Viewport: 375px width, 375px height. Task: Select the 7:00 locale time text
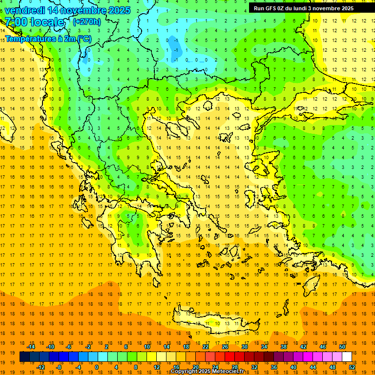click(34, 22)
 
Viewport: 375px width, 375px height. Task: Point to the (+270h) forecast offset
click(87, 21)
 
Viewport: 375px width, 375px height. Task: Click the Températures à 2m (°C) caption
click(48, 38)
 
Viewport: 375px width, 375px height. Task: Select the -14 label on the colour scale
click(31, 347)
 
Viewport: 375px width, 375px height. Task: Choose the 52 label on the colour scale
click(352, 367)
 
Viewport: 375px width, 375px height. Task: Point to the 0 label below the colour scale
click(96, 367)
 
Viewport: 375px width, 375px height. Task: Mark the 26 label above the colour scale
click(225, 347)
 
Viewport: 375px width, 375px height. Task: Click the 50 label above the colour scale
click(342, 347)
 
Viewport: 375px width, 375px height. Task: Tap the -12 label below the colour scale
click(41, 367)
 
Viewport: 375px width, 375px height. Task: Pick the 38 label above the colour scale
click(284, 347)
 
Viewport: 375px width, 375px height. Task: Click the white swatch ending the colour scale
click(347, 357)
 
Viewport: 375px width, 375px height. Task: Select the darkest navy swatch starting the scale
click(24, 357)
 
